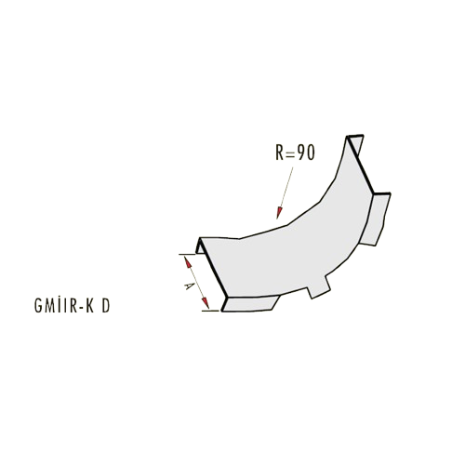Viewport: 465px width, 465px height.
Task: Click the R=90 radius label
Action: pyautogui.click(x=295, y=153)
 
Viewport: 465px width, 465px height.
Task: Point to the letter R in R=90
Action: pyautogui.click(x=280, y=153)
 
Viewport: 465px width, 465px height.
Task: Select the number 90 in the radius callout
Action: pyautogui.click(x=305, y=153)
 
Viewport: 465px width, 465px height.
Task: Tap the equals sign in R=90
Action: pyautogui.click(x=289, y=153)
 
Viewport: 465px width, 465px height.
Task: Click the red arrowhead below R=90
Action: pyautogui.click(x=280, y=213)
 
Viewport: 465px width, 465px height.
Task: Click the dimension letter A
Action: pyautogui.click(x=187, y=286)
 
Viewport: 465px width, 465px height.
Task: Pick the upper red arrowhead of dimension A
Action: pyautogui.click(x=188, y=263)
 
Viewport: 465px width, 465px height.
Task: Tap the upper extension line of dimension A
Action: pyautogui.click(x=187, y=254)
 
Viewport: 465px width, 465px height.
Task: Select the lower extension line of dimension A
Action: pyautogui.click(x=210, y=311)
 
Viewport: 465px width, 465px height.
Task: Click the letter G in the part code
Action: pyautogui.click(x=38, y=306)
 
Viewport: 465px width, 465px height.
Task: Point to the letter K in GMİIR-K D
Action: pyautogui.click(x=90, y=306)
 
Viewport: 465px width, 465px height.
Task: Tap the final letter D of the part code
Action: pyautogui.click(x=106, y=306)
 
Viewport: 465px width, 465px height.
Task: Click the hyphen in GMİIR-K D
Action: pyautogui.click(x=81, y=308)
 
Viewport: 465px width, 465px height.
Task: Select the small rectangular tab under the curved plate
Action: pyautogui.click(x=319, y=290)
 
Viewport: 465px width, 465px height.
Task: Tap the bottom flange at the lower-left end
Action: pyautogui.click(x=249, y=303)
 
